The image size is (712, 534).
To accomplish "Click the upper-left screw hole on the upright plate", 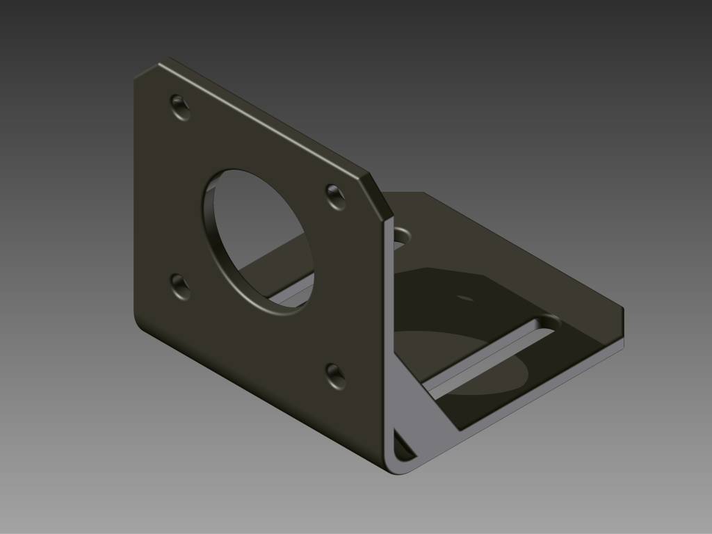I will (x=180, y=106).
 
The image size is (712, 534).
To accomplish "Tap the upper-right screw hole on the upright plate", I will (x=336, y=196).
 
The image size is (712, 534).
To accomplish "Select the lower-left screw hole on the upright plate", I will (x=180, y=285).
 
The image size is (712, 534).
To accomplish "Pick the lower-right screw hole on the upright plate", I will (x=336, y=375).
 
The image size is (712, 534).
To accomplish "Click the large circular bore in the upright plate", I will (x=259, y=240).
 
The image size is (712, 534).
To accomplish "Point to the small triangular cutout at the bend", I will (x=402, y=446).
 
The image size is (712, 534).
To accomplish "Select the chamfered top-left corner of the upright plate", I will (x=147, y=67).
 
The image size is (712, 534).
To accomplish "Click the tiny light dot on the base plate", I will (x=464, y=298).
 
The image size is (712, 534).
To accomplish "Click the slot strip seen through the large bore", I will (x=292, y=295).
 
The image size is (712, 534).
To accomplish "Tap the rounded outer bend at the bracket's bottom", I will (x=396, y=469).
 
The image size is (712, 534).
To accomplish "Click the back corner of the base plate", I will (x=422, y=193).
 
